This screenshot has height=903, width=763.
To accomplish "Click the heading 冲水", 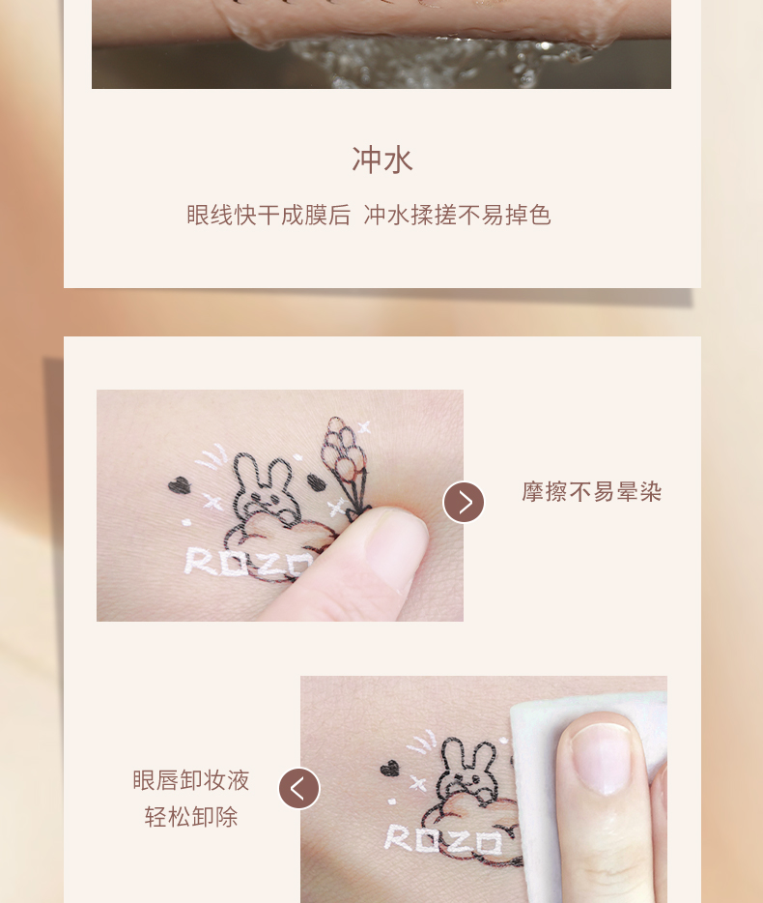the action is click(x=382, y=160).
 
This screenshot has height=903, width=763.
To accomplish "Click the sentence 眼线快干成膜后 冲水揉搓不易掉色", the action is click(x=369, y=216).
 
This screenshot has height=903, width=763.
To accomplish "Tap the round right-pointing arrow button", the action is click(x=464, y=502).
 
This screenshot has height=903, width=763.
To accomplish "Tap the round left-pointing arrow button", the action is click(x=299, y=788).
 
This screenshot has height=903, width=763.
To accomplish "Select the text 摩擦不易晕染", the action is click(x=591, y=492).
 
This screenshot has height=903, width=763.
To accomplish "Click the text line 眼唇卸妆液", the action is click(x=191, y=780).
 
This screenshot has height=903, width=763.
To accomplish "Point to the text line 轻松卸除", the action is click(x=191, y=817).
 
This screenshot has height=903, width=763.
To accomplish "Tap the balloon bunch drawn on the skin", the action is click(x=345, y=455).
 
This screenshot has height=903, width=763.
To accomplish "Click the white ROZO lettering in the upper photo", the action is click(x=247, y=562).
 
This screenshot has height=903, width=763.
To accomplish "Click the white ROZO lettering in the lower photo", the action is click(x=443, y=838).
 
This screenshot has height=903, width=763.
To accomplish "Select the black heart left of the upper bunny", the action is click(x=179, y=485).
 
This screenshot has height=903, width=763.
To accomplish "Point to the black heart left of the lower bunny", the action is click(x=389, y=768).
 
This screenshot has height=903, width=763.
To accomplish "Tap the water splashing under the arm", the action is click(x=438, y=61).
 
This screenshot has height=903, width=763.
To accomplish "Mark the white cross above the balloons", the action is click(x=364, y=427).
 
